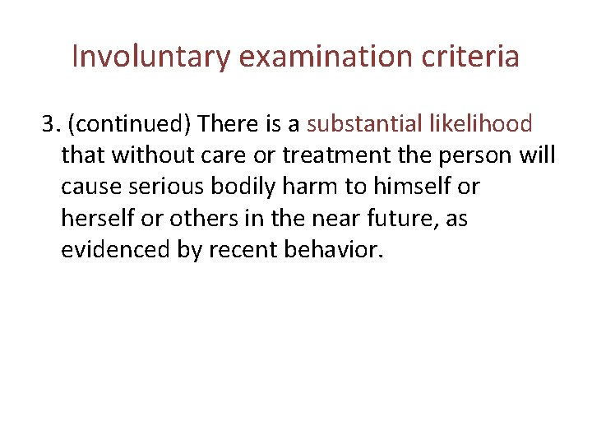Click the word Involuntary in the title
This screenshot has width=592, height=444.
(x=153, y=57)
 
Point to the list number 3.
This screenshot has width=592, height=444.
(x=50, y=124)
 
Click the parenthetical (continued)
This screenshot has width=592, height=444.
(x=130, y=124)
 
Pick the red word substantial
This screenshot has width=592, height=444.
(x=359, y=124)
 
